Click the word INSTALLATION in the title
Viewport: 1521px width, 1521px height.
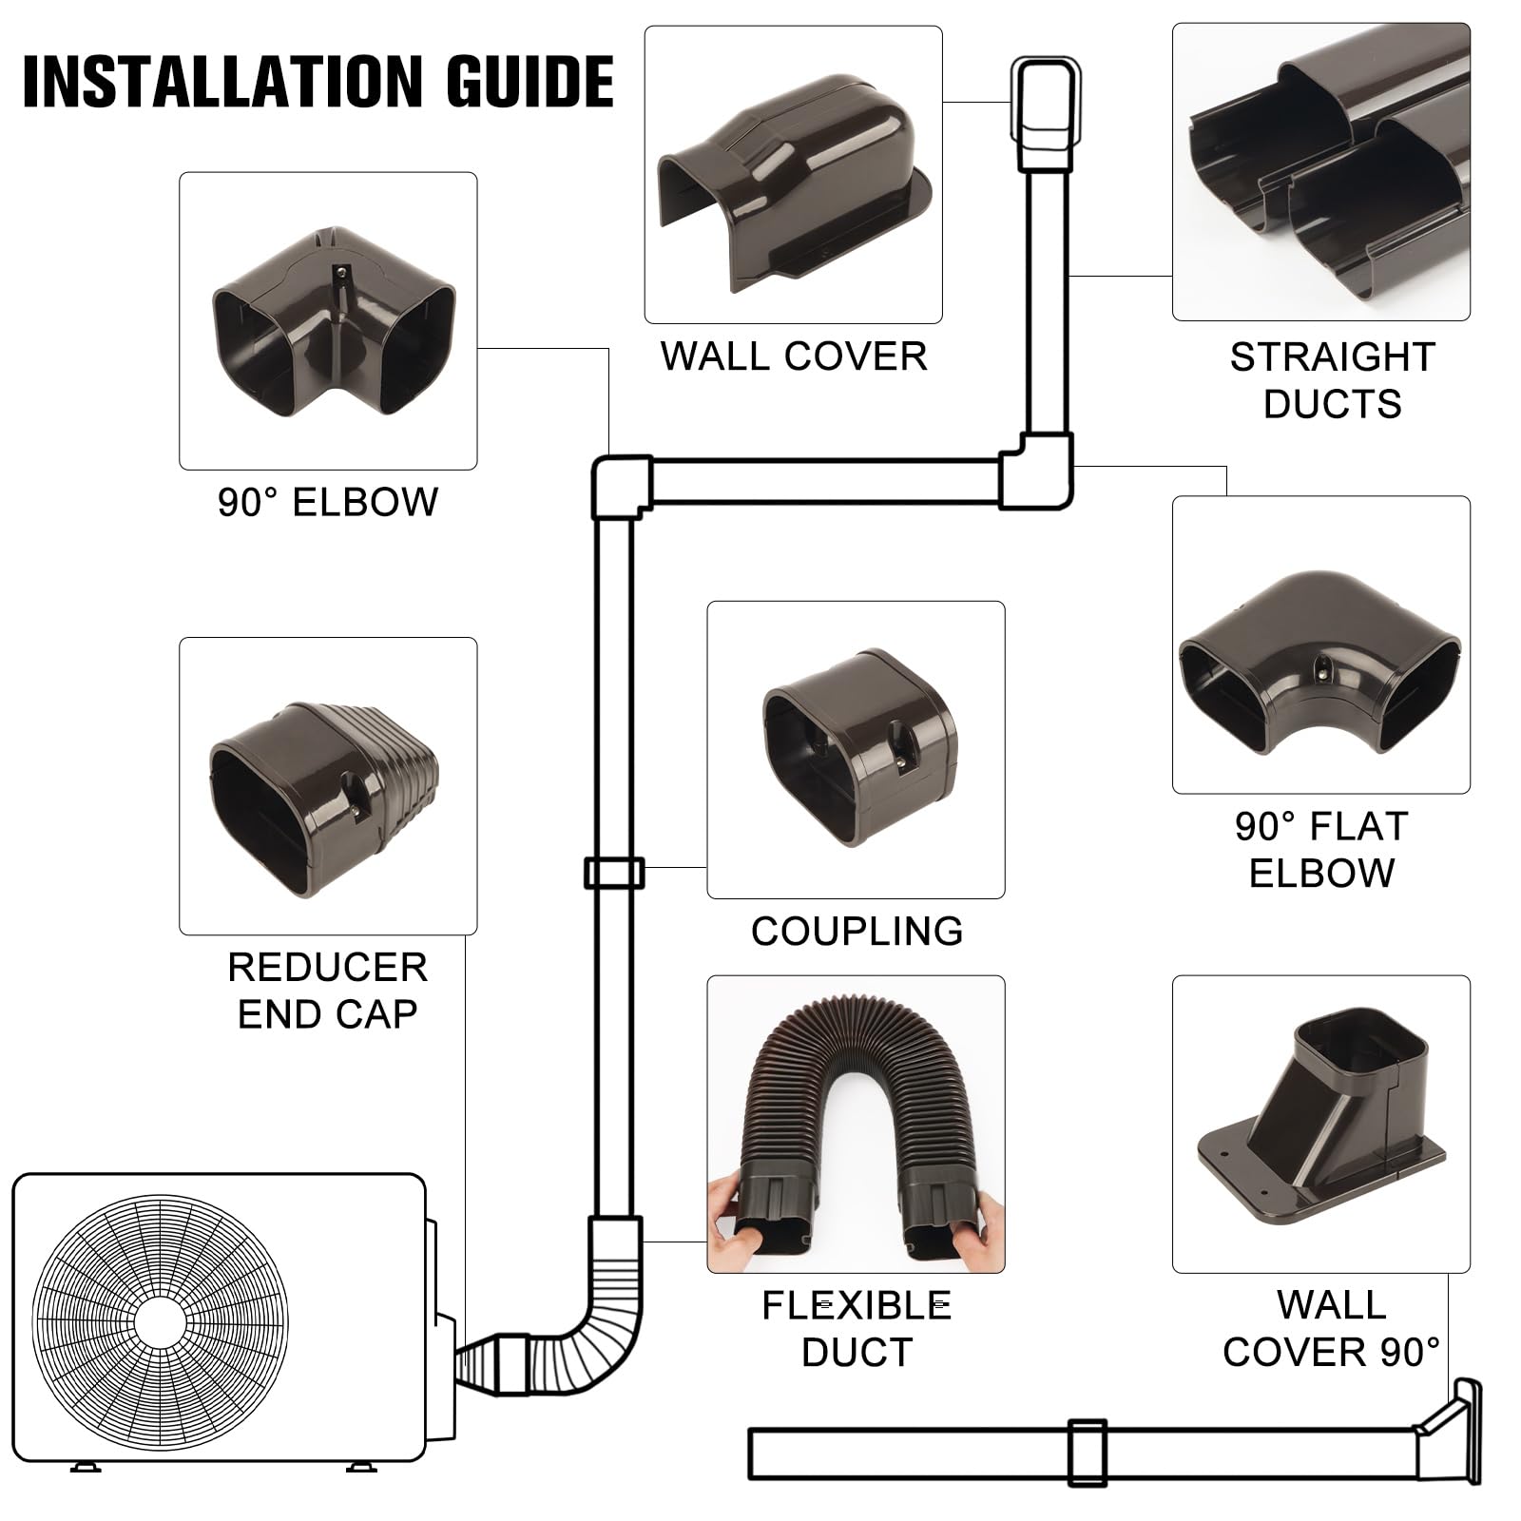tap(224, 82)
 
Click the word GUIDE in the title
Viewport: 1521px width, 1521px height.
tap(529, 82)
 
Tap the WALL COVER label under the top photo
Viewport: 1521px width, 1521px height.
tap(794, 356)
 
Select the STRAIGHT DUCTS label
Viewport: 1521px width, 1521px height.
tap(1332, 380)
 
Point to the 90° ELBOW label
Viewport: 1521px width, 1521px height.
tap(328, 502)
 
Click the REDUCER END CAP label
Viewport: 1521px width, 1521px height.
tap(328, 991)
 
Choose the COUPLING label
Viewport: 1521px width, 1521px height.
tap(857, 931)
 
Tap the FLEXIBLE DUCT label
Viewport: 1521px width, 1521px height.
tap(857, 1328)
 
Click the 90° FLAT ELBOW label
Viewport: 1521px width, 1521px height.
tap(1321, 849)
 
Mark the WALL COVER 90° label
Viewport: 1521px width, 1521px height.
tap(1331, 1328)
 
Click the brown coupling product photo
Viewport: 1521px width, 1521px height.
tap(859, 748)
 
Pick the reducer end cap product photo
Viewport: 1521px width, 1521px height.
tap(323, 797)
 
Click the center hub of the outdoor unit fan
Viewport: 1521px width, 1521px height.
tap(160, 1322)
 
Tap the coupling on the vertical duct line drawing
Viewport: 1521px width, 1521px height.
tap(613, 873)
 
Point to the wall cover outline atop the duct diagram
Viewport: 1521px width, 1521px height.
tap(1045, 112)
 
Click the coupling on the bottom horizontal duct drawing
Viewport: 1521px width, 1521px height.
tap(1087, 1453)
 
